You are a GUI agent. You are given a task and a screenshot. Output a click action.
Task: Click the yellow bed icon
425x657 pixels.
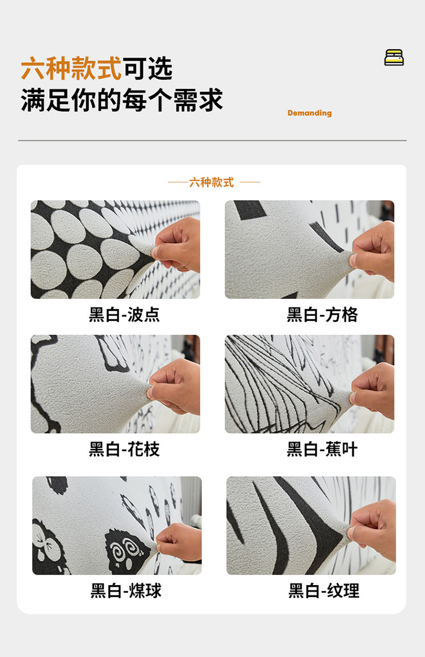(394, 57)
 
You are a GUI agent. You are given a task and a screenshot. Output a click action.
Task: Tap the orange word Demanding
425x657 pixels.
(309, 113)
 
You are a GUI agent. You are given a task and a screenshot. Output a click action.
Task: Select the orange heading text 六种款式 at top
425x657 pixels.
(71, 68)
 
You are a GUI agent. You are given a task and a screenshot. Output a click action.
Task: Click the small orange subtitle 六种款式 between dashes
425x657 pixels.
(211, 183)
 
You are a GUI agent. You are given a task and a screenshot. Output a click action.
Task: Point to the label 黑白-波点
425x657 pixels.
(124, 315)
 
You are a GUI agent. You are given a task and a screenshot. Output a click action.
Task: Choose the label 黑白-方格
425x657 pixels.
(322, 315)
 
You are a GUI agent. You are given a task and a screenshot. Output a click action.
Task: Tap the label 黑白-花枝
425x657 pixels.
(124, 449)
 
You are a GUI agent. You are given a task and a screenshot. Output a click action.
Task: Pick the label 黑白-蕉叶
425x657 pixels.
(322, 449)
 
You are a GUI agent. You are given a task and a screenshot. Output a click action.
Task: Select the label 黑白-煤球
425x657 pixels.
(126, 591)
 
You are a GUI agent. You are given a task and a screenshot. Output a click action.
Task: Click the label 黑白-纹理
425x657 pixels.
(324, 591)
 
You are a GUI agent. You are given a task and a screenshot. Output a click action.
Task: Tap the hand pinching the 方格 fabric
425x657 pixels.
(373, 251)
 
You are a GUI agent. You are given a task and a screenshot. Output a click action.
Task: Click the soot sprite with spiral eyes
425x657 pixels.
(127, 552)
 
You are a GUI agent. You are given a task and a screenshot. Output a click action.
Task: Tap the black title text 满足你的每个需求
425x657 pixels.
(122, 100)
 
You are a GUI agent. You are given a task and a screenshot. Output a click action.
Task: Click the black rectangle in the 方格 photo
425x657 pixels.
(250, 210)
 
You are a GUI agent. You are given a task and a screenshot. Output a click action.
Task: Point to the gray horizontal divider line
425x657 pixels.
(212, 141)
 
